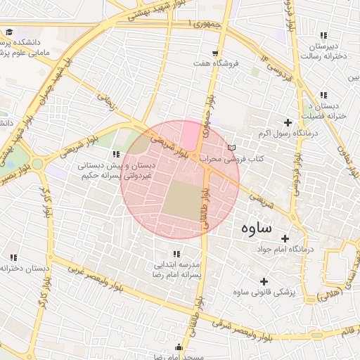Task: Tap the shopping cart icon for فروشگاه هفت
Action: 214,53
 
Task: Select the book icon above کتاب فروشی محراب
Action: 231,148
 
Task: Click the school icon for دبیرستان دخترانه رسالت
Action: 323,35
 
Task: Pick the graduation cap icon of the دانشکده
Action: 10,32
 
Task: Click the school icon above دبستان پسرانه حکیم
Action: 116,153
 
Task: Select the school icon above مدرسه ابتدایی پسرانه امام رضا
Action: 176,253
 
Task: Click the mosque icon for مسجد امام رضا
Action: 179,347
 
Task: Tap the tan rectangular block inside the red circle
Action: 183,198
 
